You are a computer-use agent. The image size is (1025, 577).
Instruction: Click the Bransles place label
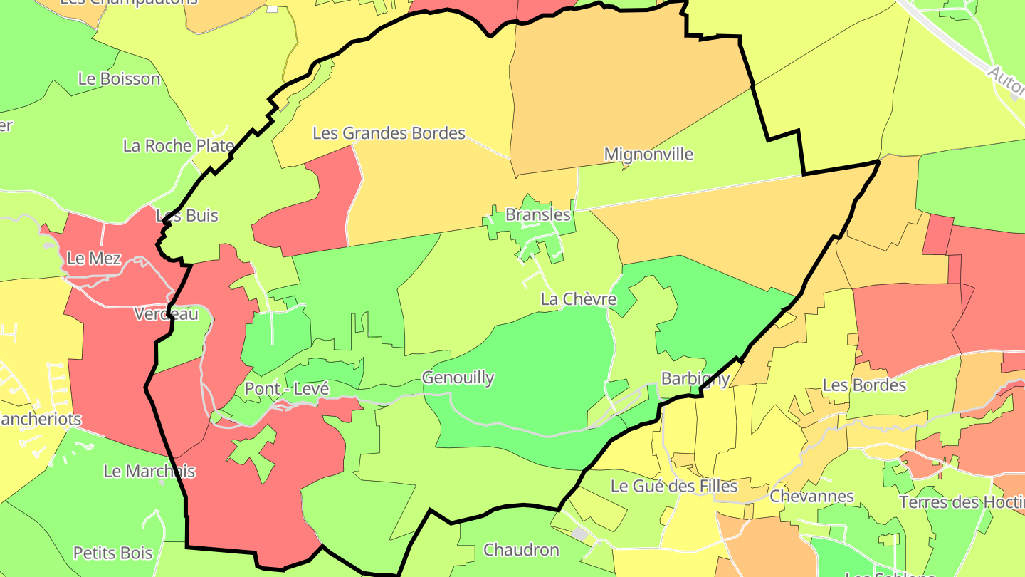point(537,214)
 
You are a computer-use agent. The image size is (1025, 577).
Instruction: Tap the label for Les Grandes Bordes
point(389,133)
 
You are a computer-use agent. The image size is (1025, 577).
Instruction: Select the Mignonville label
point(648,154)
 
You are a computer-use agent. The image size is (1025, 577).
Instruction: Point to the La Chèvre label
point(578,299)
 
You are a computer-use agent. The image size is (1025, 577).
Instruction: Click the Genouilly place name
point(458,378)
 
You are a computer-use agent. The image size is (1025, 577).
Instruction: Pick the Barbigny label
point(695,378)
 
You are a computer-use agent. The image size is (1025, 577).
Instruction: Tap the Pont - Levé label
point(286,389)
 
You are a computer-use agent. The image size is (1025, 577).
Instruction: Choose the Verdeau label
point(166,313)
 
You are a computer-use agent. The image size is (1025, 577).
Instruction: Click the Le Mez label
point(94,258)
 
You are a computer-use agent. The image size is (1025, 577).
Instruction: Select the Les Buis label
point(186,215)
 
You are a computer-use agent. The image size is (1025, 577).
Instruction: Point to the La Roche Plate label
point(178,146)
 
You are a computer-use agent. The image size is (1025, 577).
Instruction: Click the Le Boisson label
point(119,78)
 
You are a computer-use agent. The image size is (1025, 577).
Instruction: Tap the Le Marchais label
point(149,471)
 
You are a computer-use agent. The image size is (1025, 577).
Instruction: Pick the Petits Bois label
point(112,553)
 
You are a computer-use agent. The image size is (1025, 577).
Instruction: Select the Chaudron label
point(521,550)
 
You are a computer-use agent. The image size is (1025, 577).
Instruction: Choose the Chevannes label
point(811,496)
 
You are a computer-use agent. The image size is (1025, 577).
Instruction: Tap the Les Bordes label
point(864,385)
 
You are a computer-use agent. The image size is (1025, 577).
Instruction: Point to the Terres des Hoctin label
point(961,502)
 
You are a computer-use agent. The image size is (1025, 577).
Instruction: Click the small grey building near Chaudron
point(580,534)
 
